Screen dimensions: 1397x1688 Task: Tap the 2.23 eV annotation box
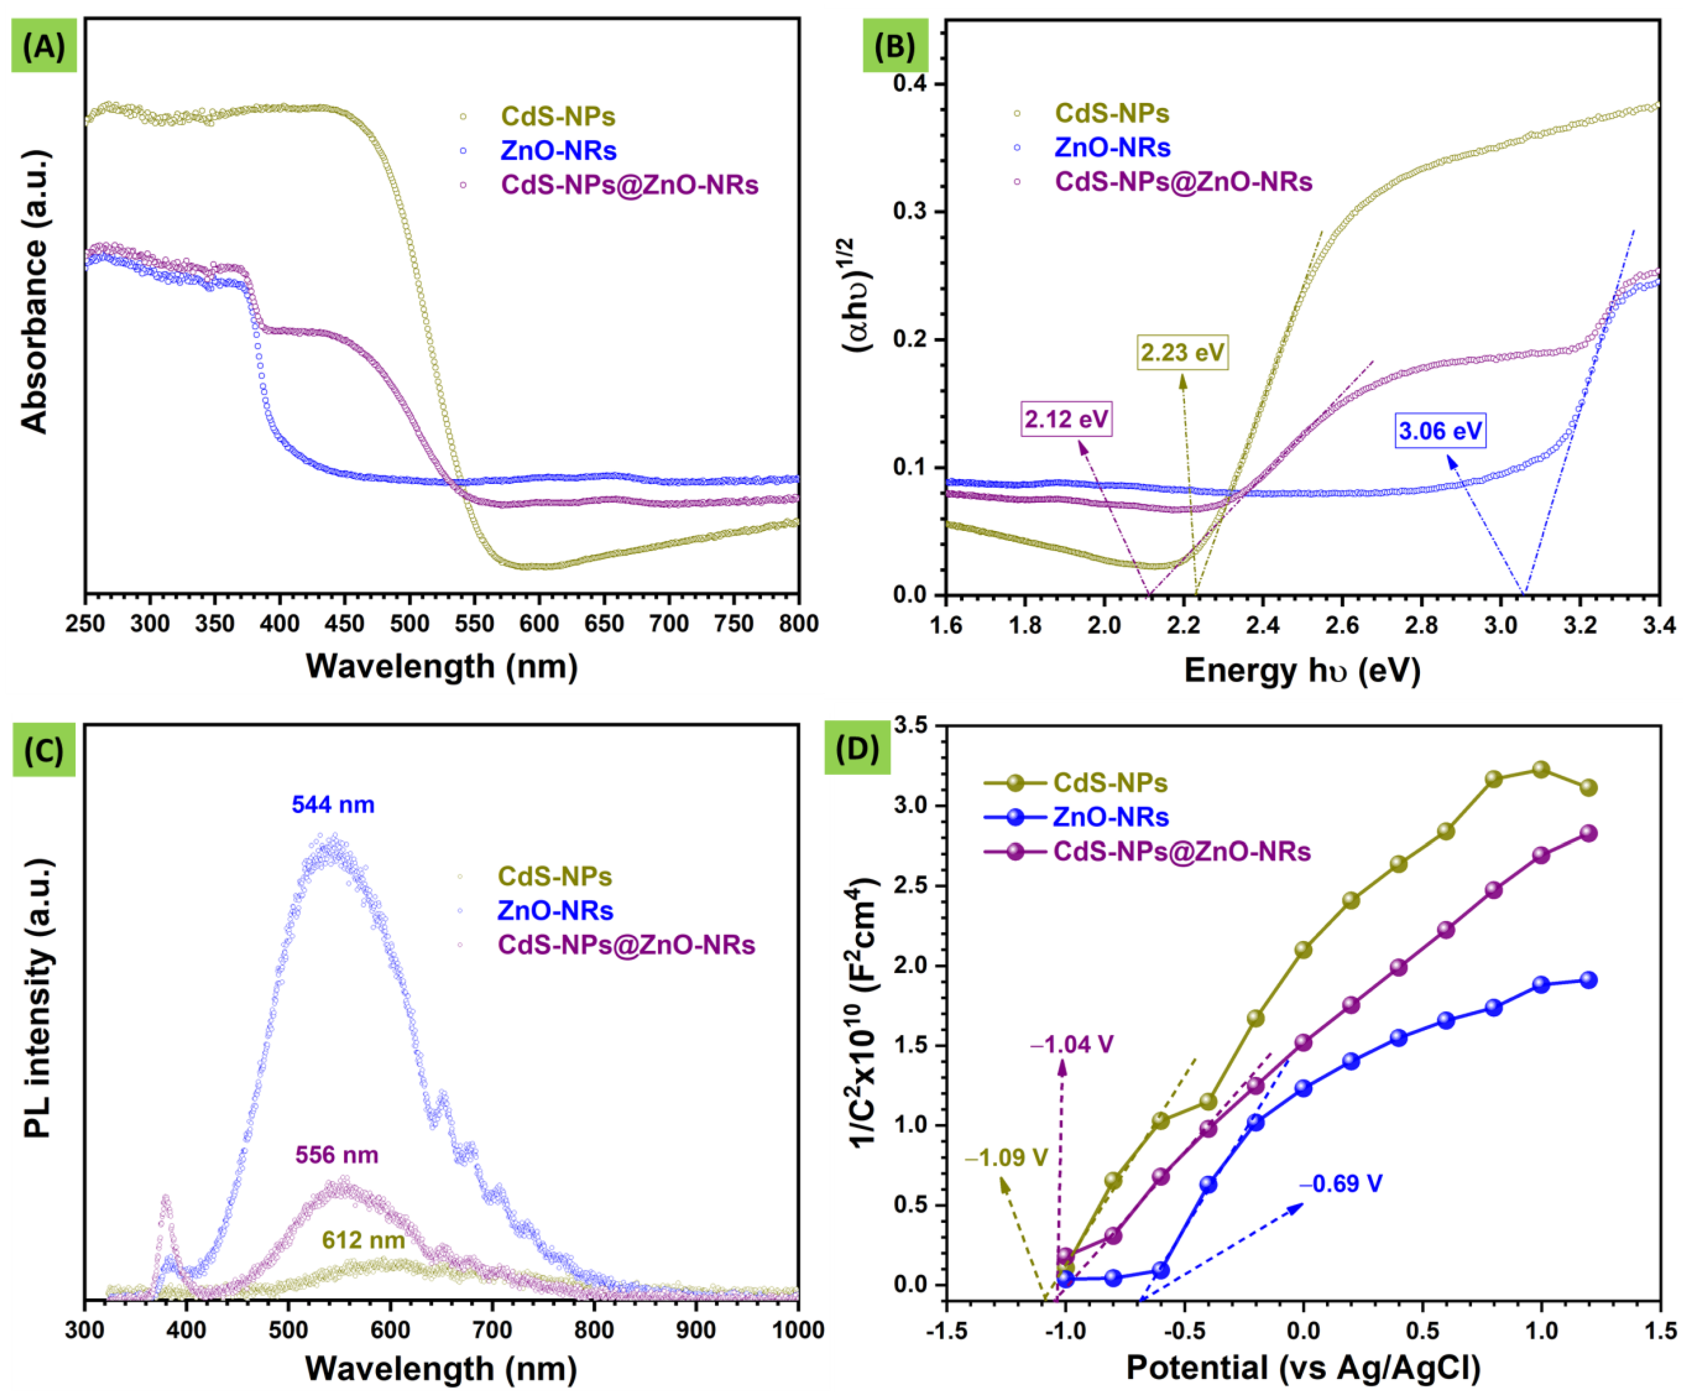point(1183,352)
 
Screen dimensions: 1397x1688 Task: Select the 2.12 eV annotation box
point(1066,419)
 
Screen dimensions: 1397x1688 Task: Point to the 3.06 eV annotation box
point(1440,431)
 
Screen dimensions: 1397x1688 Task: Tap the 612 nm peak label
point(363,1240)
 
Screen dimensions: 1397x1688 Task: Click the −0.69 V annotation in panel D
point(1341,1183)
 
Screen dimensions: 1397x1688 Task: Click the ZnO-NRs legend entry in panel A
point(558,150)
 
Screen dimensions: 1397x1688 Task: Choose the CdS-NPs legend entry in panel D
point(1109,782)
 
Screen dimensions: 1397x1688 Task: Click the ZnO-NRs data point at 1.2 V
point(1588,980)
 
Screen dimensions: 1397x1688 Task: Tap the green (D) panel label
point(857,748)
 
